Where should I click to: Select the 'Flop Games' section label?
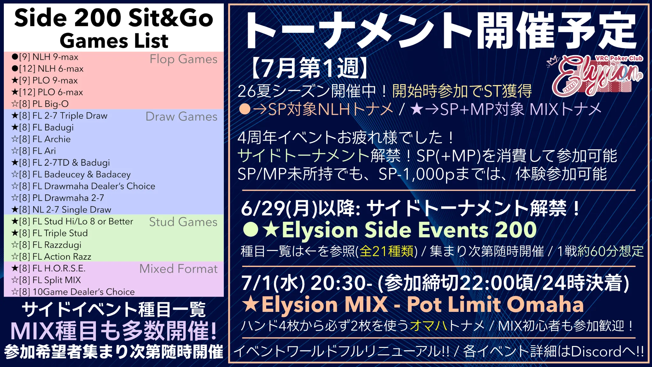(x=183, y=59)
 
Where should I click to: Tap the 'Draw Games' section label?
(x=181, y=117)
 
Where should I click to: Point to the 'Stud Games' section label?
(x=183, y=222)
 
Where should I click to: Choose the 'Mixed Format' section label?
(x=179, y=269)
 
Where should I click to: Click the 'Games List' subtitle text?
(x=114, y=41)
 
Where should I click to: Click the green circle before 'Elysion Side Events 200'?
(x=251, y=229)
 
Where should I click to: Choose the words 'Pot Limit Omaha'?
(x=495, y=305)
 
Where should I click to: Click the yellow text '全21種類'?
(x=386, y=251)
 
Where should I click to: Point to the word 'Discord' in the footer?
(x=596, y=352)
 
